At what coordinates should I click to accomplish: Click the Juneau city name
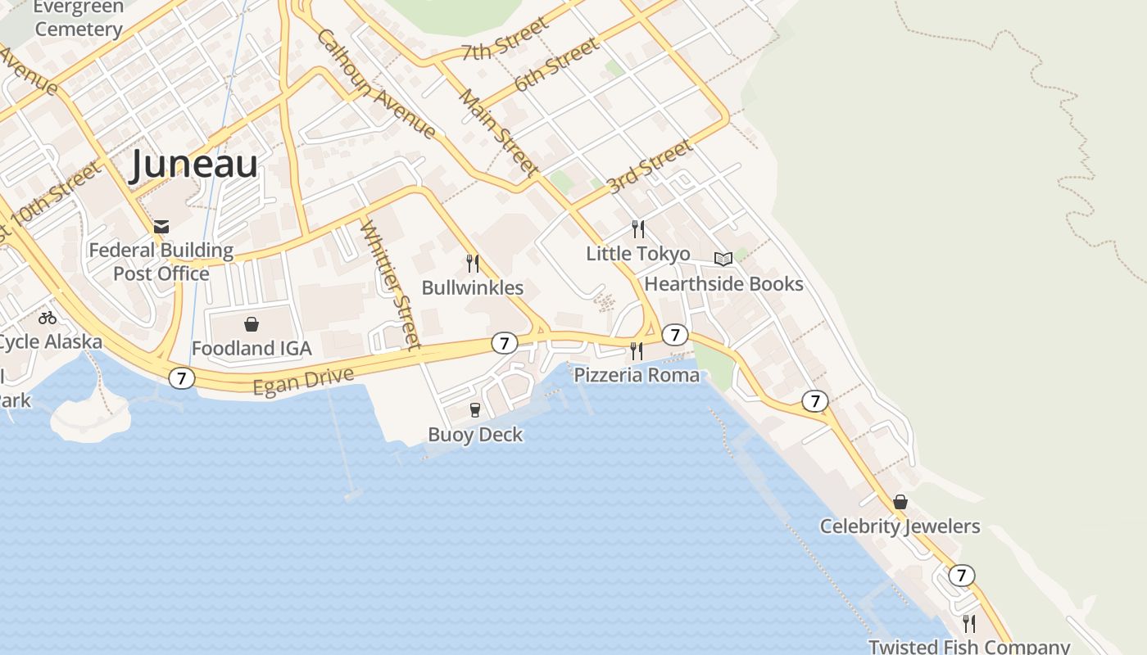[x=194, y=165]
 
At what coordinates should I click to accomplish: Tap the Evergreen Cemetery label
[x=79, y=18]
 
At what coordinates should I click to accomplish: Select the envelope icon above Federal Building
[x=161, y=227]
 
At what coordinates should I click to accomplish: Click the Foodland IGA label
[x=252, y=348]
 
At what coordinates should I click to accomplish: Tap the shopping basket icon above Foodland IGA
[x=252, y=324]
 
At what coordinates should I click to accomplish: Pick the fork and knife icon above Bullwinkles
[x=473, y=263]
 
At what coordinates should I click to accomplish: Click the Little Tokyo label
[x=637, y=254]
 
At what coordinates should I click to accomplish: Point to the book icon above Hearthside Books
[x=723, y=259]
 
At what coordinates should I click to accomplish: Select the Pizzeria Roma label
[x=637, y=375]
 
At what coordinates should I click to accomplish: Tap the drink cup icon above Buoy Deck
[x=474, y=409]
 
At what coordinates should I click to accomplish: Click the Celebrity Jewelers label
[x=900, y=526]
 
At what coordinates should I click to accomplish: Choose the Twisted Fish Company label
[x=968, y=646]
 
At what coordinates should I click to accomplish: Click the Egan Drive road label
[x=304, y=382]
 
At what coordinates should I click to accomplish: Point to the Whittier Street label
[x=391, y=283]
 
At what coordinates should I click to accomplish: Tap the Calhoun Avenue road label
[x=376, y=84]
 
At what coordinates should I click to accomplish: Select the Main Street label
[x=498, y=133]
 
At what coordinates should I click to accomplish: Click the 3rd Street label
[x=650, y=167]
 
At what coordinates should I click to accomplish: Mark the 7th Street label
[x=505, y=40]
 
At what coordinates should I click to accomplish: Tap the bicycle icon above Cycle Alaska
[x=48, y=318]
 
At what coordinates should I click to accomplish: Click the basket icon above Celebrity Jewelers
[x=900, y=501]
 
